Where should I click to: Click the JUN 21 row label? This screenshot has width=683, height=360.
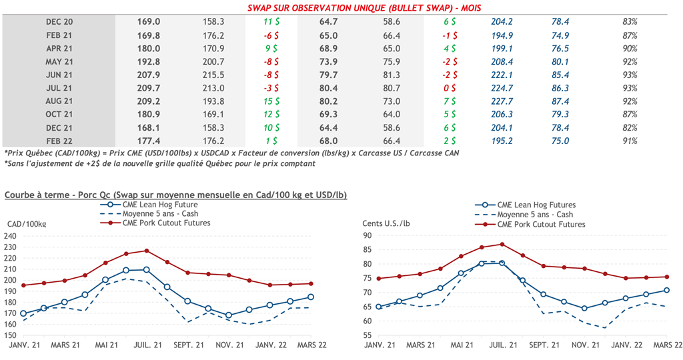click(x=59, y=74)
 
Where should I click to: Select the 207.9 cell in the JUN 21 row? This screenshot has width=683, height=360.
click(x=147, y=74)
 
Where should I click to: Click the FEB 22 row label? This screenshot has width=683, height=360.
click(x=59, y=141)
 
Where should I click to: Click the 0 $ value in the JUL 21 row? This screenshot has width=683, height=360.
click(x=450, y=87)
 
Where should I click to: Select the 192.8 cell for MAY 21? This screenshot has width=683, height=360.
click(x=147, y=61)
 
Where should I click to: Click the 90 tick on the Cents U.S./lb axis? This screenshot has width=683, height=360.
click(x=368, y=235)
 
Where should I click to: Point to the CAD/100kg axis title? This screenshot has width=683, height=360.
click(x=28, y=223)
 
